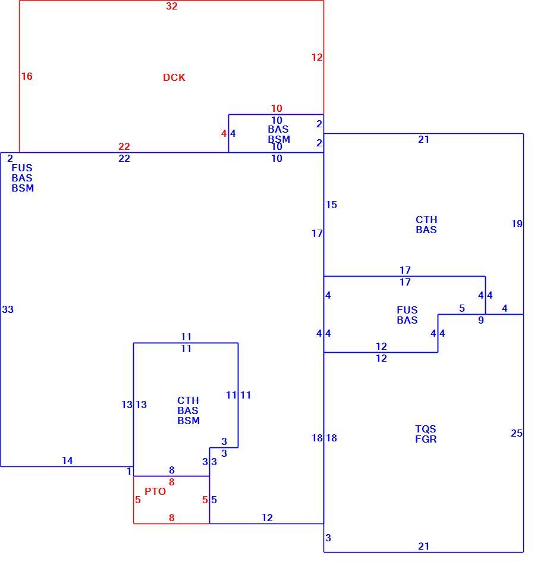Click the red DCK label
174,77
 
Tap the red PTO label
155,491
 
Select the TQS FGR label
426,434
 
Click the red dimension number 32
172,6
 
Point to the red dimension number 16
27,76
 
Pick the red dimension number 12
317,57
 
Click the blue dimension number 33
8,309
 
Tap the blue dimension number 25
517,433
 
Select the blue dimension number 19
517,224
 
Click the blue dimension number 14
67,460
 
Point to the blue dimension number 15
331,205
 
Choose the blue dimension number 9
481,320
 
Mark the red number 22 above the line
124,146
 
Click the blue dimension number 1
129,471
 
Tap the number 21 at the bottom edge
423,546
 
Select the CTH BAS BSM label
188,410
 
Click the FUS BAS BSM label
23,178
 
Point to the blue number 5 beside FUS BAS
462,308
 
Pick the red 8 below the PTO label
171,518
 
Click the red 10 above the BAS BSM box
276,108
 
